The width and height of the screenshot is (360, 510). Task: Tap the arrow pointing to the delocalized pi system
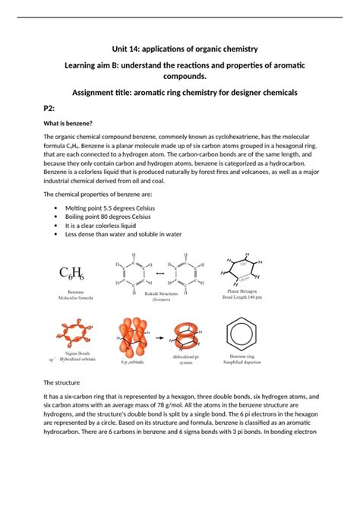[160, 335]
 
